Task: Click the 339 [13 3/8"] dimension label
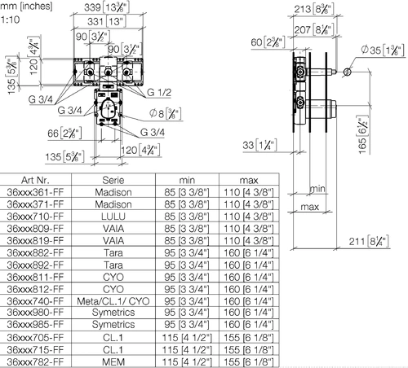click(107, 7)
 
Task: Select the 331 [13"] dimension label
click(107, 21)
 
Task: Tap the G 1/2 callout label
click(159, 93)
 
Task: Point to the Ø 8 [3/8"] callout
click(166, 114)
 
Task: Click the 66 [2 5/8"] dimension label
click(64, 134)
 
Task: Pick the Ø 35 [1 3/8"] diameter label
click(383, 50)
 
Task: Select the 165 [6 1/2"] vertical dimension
click(363, 134)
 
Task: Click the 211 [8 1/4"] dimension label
click(369, 241)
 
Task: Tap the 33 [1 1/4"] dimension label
click(259, 145)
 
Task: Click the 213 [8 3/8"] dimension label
click(314, 9)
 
